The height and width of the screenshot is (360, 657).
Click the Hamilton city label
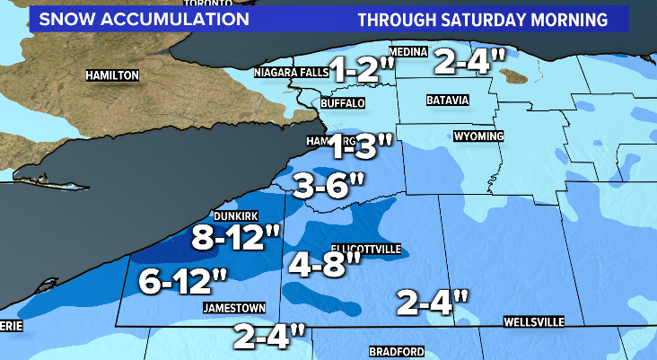tap(112, 75)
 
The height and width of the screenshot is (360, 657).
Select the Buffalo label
tap(343, 104)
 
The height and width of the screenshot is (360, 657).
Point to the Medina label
tap(408, 52)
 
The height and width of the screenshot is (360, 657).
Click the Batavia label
tap(448, 101)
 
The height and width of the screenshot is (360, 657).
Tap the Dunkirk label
tap(237, 216)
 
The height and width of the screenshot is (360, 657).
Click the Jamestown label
tap(235, 307)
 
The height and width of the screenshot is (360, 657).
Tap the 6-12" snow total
tap(183, 283)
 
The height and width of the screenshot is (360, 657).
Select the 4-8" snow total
tap(326, 263)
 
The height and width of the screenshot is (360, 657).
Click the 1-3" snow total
tap(360, 144)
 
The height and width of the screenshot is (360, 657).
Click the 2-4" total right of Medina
tap(469, 62)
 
